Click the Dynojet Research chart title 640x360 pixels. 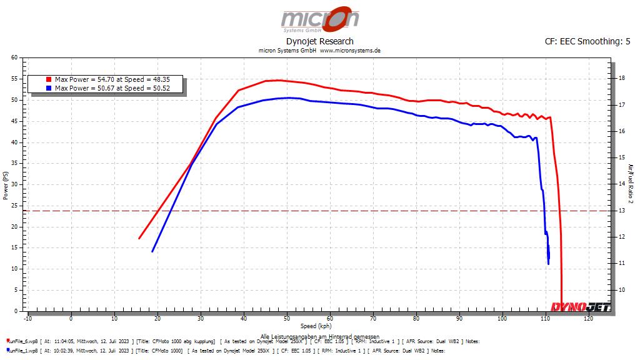319,41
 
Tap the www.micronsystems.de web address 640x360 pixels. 350,50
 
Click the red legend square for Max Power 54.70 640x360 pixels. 48,80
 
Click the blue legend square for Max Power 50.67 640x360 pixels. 48,88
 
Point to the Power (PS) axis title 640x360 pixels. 6,185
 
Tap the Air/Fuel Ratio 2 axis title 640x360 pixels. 630,184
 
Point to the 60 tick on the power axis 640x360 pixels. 14,58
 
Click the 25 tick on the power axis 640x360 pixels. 14,206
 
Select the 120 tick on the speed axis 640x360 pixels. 588,319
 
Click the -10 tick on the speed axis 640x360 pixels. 27,319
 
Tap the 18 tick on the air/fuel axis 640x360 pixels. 621,78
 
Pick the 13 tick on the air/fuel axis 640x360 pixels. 621,211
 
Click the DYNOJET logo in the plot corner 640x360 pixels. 581,306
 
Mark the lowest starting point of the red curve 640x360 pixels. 139,238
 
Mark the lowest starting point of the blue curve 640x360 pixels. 152,251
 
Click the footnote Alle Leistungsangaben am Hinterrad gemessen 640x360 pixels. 319,336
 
